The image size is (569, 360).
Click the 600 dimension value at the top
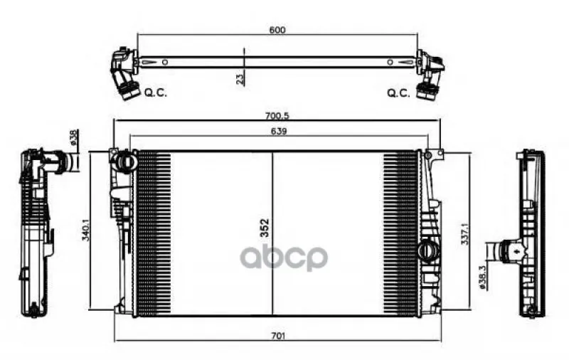(277, 30)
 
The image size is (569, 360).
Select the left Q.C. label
(156, 92)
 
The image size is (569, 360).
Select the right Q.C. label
(398, 93)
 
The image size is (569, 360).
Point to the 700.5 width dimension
(277, 116)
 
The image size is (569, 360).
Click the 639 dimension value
(278, 131)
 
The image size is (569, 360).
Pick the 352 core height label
(265, 228)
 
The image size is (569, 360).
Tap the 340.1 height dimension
(85, 231)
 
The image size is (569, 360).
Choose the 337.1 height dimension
(465, 234)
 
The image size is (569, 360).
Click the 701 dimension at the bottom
(277, 336)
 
